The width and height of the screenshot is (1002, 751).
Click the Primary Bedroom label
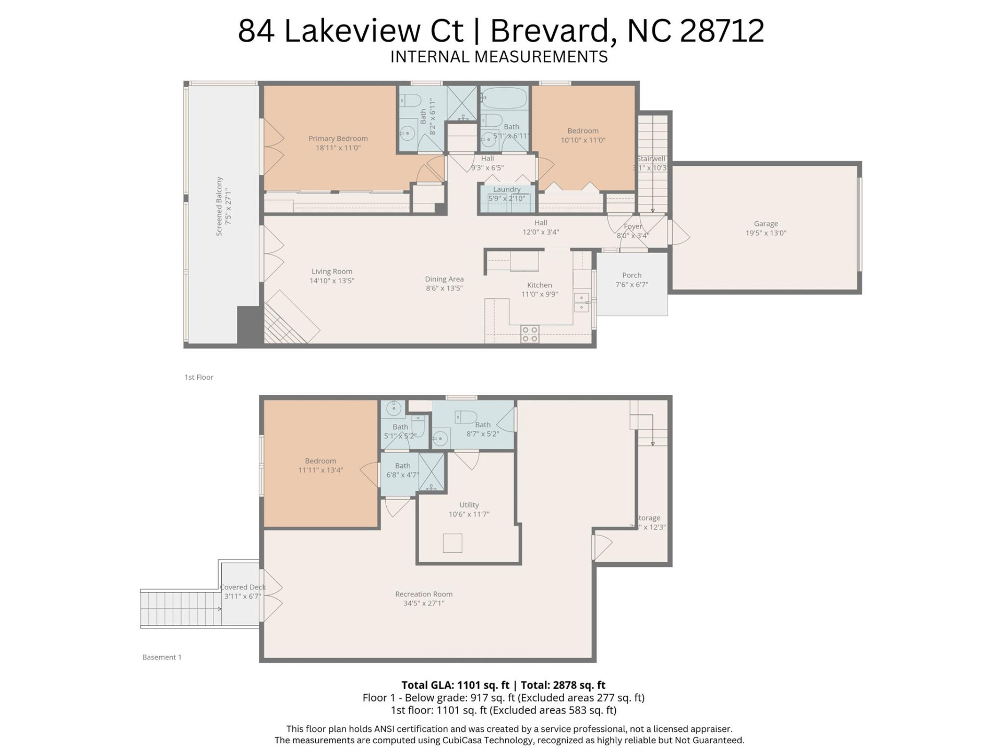pyautogui.click(x=338, y=138)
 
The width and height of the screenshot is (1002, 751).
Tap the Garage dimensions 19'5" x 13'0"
pyautogui.click(x=766, y=233)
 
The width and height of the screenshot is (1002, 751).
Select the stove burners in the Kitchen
pyautogui.click(x=530, y=334)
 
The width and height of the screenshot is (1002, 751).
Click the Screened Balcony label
pyautogui.click(x=219, y=206)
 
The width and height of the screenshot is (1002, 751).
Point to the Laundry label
pyautogui.click(x=506, y=189)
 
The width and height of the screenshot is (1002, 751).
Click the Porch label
pyautogui.click(x=631, y=275)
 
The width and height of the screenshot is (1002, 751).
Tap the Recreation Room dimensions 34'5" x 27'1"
pyautogui.click(x=423, y=603)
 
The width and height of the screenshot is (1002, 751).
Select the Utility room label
pyautogui.click(x=469, y=505)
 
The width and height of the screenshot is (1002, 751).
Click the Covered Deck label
pyautogui.click(x=243, y=587)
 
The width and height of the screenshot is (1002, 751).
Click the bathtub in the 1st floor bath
pyautogui.click(x=504, y=98)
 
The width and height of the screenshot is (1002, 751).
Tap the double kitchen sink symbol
pyautogui.click(x=581, y=302)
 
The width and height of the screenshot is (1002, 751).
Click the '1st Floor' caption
pyautogui.click(x=198, y=377)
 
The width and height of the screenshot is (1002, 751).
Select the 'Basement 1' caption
pyautogui.click(x=162, y=657)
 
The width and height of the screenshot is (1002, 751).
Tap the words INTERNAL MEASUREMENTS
pyautogui.click(x=499, y=56)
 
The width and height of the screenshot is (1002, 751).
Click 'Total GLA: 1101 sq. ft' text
pyautogui.click(x=455, y=685)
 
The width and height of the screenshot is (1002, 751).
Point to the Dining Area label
pyautogui.click(x=444, y=279)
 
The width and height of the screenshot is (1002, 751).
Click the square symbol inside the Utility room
pyautogui.click(x=452, y=543)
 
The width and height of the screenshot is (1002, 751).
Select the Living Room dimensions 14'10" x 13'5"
pyautogui.click(x=331, y=281)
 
